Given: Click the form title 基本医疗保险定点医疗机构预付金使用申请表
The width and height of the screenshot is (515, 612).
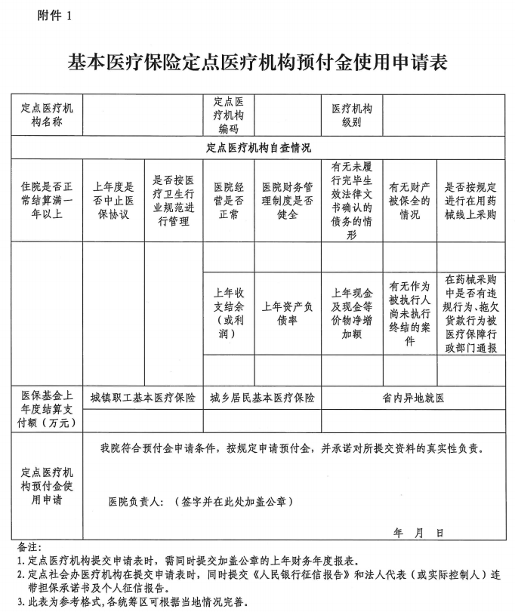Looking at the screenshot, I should click(257, 61).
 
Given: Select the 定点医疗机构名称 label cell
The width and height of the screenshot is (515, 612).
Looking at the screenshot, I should click(46, 114).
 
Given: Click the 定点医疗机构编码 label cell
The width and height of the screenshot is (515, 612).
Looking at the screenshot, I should click(228, 114).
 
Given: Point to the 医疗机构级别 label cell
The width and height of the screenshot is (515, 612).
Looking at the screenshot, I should click(351, 114).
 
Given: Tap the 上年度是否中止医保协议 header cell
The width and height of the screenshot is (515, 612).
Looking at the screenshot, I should click(113, 200).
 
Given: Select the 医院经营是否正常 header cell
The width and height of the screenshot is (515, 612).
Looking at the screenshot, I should click(228, 200).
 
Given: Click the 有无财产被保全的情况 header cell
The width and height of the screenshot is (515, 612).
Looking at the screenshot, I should click(409, 200).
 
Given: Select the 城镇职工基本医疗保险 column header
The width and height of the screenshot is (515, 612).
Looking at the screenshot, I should click(142, 398).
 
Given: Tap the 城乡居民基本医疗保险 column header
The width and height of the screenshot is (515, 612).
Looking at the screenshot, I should click(262, 398).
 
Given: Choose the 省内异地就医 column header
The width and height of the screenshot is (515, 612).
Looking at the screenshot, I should click(413, 398).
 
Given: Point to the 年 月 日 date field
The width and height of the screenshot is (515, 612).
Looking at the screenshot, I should click(418, 533).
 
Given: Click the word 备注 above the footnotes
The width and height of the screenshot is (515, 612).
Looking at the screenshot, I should click(29, 546).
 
